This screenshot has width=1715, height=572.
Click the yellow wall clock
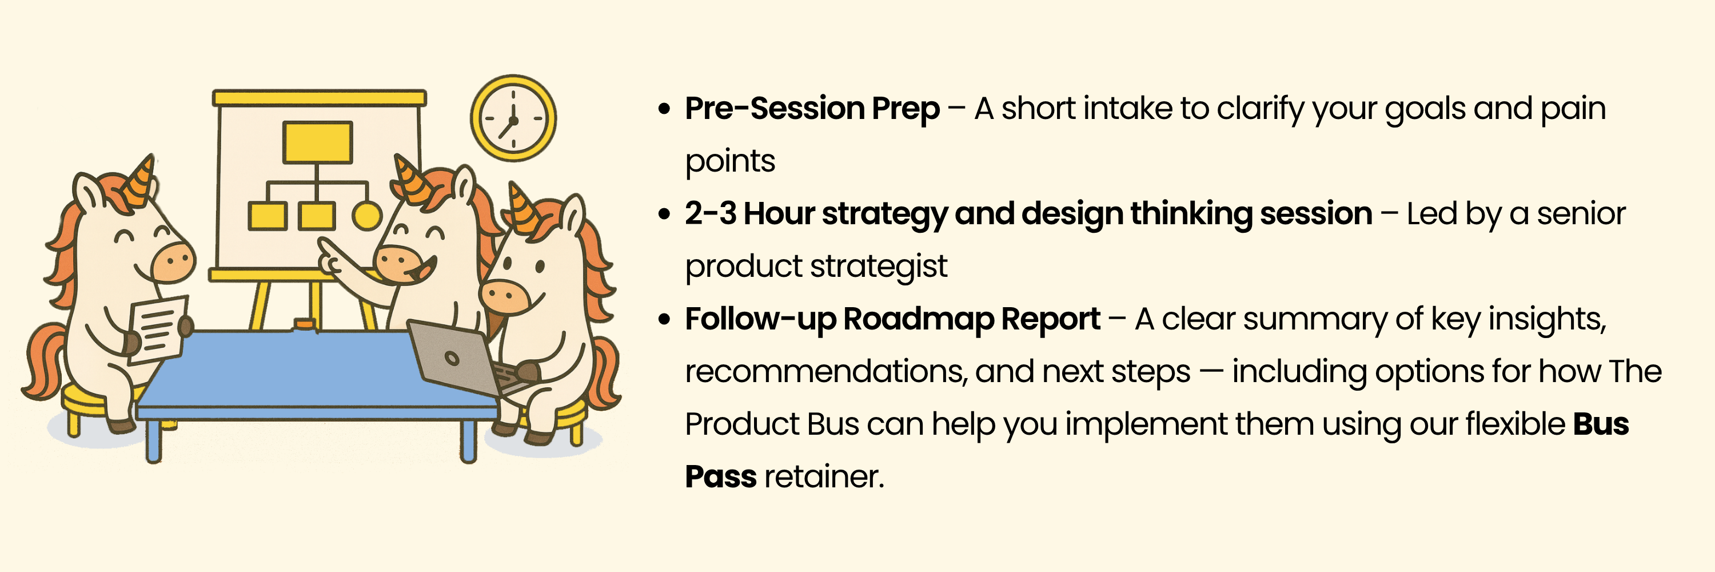tap(513, 118)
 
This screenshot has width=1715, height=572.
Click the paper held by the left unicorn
tap(157, 329)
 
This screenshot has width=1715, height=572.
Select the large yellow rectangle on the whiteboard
tap(318, 142)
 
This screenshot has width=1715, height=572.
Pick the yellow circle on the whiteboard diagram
tap(367, 216)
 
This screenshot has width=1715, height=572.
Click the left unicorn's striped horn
tap(140, 180)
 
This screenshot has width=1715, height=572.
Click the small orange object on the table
tap(304, 324)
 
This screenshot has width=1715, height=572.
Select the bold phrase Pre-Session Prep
tap(812, 109)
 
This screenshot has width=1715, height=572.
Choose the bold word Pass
tap(720, 477)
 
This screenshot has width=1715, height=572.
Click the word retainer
tap(824, 477)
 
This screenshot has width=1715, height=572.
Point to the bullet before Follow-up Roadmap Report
tap(664, 320)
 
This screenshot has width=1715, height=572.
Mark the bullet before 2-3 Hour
tap(664, 214)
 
